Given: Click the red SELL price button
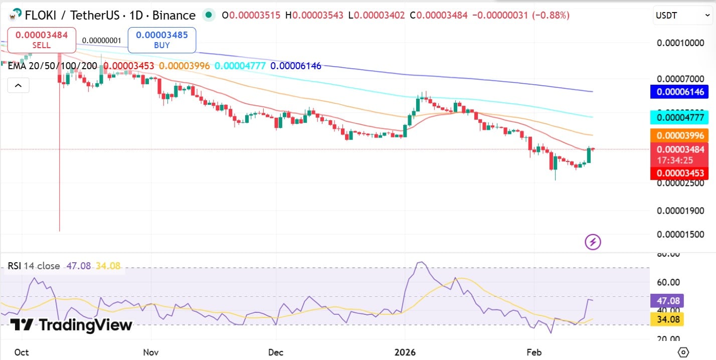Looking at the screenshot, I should pyautogui.click(x=42, y=40).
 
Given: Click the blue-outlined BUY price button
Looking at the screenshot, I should pyautogui.click(x=161, y=40).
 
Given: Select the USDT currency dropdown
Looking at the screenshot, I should pyautogui.click(x=682, y=16).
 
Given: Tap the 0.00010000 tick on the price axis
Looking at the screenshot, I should pyautogui.click(x=680, y=43).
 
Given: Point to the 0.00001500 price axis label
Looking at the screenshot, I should pyautogui.click(x=680, y=235).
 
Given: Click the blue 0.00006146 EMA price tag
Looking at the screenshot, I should pyautogui.click(x=679, y=92).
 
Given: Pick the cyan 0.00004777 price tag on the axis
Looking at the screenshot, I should pyautogui.click(x=679, y=118).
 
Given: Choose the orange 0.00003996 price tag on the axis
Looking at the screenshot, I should pyautogui.click(x=679, y=135).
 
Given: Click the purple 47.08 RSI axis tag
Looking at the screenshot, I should pyautogui.click(x=666, y=301).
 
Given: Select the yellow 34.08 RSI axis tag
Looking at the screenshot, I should pyautogui.click(x=666, y=319).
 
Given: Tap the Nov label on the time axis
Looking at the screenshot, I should pyautogui.click(x=151, y=352).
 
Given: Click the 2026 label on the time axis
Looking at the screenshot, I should pyautogui.click(x=405, y=352).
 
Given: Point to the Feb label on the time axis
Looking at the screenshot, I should pyautogui.click(x=534, y=352).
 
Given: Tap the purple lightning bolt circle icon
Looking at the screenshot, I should pyautogui.click(x=593, y=243).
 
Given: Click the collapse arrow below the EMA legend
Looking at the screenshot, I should pyautogui.click(x=18, y=86).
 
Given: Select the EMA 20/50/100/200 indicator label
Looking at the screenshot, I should pyautogui.click(x=52, y=66).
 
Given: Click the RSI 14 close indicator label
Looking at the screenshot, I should pyautogui.click(x=34, y=266).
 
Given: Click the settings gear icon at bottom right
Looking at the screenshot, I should pyautogui.click(x=683, y=351).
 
